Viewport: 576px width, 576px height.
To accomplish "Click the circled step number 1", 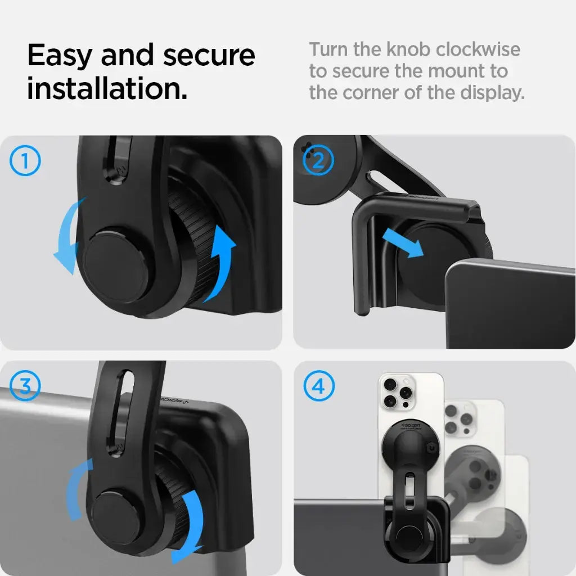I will click(x=25, y=161).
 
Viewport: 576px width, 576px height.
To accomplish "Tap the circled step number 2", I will click(x=318, y=161).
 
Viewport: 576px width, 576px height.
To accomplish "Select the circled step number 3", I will click(x=25, y=386).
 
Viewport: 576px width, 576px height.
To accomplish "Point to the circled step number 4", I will click(x=318, y=387).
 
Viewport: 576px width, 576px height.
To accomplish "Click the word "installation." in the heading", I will click(x=107, y=89).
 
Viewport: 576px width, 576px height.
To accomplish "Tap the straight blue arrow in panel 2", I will click(x=403, y=243).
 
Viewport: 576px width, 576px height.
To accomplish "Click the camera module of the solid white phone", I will click(x=397, y=393).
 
